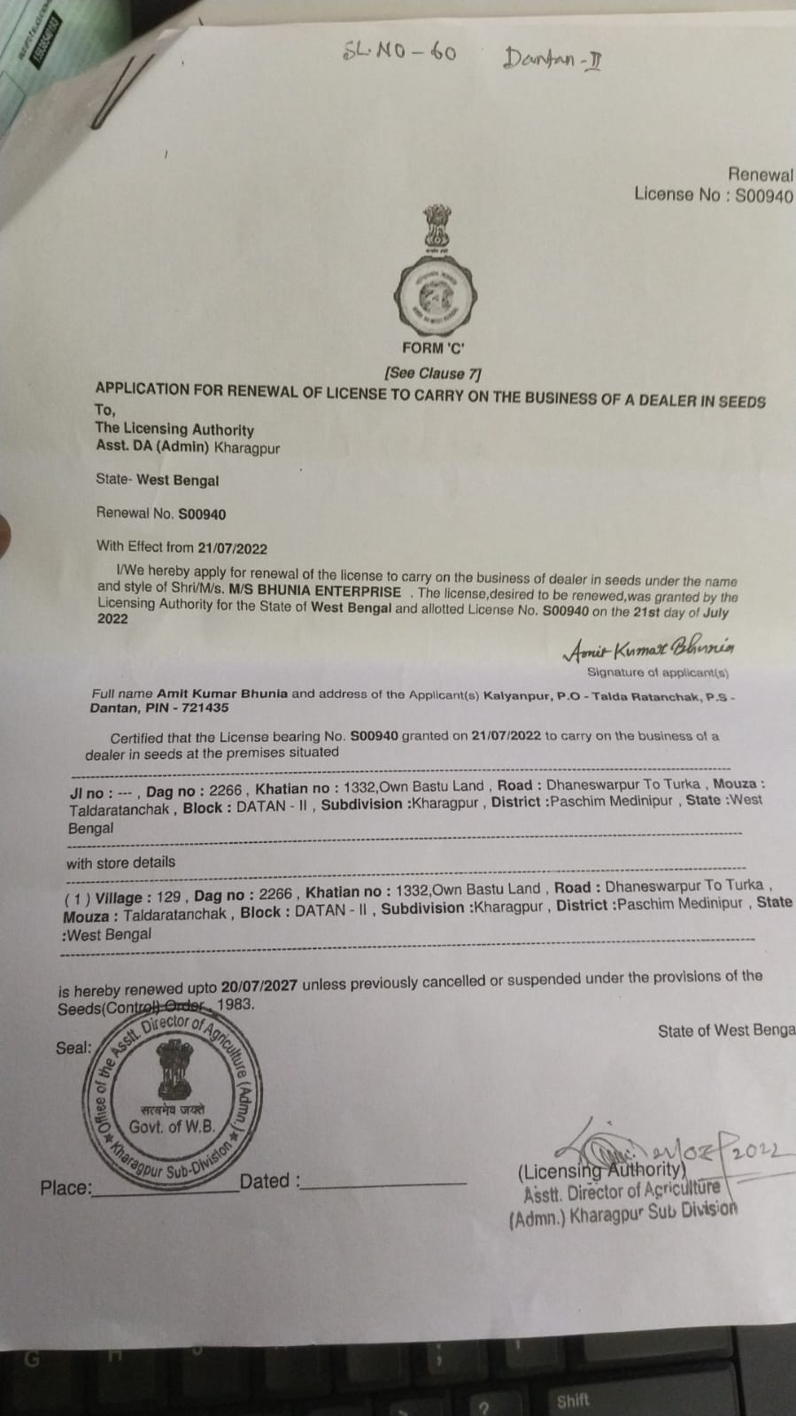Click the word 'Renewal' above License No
pyautogui.click(x=760, y=174)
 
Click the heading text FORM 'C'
pyautogui.click(x=433, y=348)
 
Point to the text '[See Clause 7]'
pyautogui.click(x=432, y=373)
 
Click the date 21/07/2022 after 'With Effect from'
pyautogui.click(x=232, y=548)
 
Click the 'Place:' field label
pyautogui.click(x=66, y=1188)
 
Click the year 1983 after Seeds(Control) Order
pyautogui.click(x=236, y=1004)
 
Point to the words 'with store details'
pyautogui.click(x=120, y=862)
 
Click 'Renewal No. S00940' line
pyautogui.click(x=160, y=514)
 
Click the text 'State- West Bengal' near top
pyautogui.click(x=157, y=480)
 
